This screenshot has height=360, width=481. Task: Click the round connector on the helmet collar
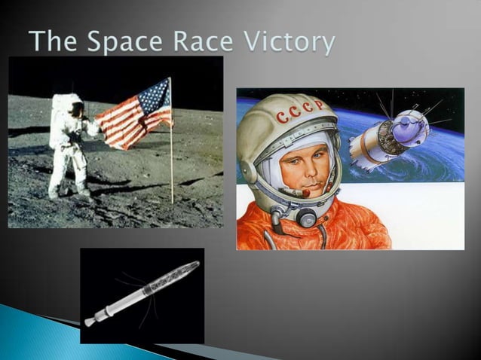306,218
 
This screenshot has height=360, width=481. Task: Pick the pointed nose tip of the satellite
197,264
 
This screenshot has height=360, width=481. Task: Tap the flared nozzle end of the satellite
90,322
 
